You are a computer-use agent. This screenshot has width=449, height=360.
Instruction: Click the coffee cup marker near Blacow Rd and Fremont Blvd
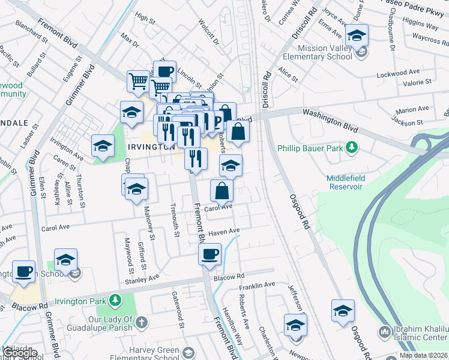pyautogui.click(x=209, y=254)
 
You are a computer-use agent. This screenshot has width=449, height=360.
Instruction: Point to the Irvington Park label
pyautogui.click(x=80, y=299)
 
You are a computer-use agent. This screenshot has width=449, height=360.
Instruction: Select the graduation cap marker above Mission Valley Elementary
pyautogui.click(x=357, y=35)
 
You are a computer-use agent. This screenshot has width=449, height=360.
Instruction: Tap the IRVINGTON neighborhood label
pyautogui.click(x=150, y=146)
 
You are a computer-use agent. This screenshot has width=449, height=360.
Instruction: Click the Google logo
pyautogui.click(x=19, y=353)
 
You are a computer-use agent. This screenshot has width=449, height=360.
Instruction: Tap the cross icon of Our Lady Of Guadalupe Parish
pyautogui.click(x=141, y=322)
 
